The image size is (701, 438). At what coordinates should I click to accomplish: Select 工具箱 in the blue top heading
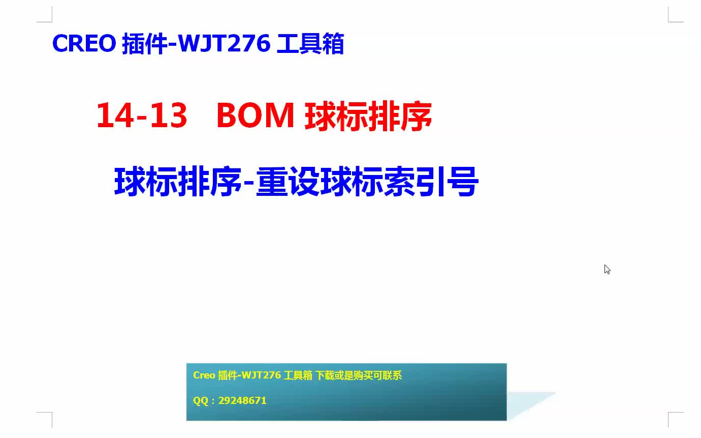click(310, 44)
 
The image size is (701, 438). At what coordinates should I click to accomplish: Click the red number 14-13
click(142, 115)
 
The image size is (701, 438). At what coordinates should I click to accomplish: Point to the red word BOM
click(256, 115)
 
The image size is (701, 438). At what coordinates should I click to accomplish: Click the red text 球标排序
click(368, 116)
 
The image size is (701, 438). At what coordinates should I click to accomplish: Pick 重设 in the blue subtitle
click(288, 182)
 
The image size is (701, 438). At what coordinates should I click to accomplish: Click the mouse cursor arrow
click(607, 270)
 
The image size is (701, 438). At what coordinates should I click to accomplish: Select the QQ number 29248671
click(242, 400)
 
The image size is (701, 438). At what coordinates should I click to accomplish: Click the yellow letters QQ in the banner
click(201, 401)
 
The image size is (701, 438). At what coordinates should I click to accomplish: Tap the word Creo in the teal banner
click(204, 375)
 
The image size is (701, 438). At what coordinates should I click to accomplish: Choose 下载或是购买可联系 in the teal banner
click(358, 375)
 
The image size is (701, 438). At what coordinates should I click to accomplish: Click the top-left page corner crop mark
click(52, 22)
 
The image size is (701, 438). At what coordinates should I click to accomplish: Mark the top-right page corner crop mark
click(668, 22)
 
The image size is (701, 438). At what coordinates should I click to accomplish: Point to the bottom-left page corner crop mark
click(52, 413)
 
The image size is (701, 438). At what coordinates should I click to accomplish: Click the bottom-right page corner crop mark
click(668, 413)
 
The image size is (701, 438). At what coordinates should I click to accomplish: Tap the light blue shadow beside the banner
click(526, 402)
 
